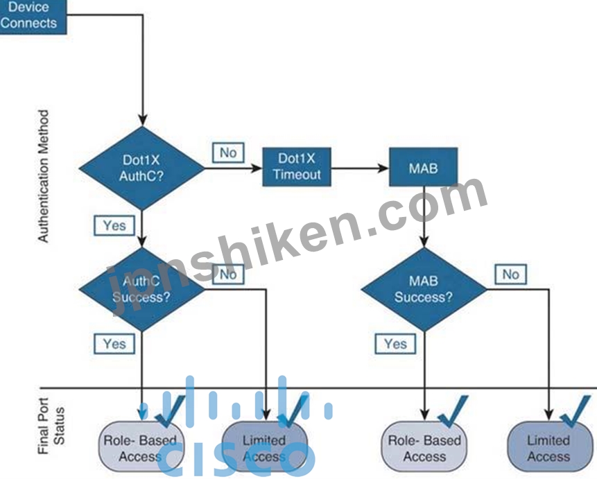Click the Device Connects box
[x=33, y=17]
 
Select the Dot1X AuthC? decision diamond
[x=141, y=168]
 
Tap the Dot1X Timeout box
[x=297, y=167]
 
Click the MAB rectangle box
[x=424, y=167]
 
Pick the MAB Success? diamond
[x=424, y=289]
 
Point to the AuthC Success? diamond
[x=141, y=289]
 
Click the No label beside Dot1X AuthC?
[x=228, y=153]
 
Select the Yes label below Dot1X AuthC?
[x=114, y=225]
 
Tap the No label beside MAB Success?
[x=510, y=274]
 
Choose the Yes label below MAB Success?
[x=395, y=344]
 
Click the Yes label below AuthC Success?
[x=114, y=344]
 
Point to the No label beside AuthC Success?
[x=228, y=274]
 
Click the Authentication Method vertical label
[x=44, y=176]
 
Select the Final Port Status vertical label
[x=51, y=426]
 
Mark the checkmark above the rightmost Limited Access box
[x=576, y=411]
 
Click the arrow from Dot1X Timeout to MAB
[x=360, y=168]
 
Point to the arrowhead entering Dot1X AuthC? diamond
[x=142, y=121]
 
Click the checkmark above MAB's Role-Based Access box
[x=453, y=411]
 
